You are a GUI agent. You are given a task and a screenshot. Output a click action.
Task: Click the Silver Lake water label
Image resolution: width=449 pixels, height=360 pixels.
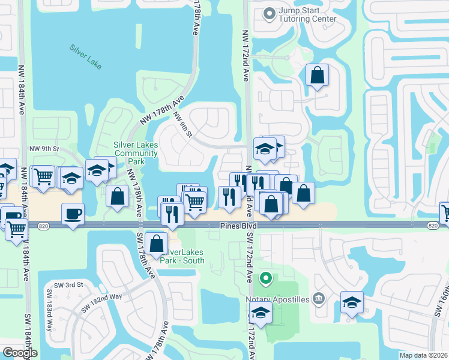85,56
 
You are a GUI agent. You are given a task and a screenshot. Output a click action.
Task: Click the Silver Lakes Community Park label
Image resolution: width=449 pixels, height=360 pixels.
136,153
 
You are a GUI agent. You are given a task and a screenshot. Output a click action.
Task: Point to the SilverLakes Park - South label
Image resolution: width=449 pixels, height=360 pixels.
183,256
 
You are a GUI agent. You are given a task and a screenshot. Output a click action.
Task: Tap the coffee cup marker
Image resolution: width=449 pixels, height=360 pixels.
73,214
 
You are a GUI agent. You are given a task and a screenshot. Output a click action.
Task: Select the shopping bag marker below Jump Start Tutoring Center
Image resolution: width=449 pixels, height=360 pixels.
317,76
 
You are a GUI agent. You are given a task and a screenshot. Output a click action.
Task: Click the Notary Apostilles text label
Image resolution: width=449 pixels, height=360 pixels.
277,298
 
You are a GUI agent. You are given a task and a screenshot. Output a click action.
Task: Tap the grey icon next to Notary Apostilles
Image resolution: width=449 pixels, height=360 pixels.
319,298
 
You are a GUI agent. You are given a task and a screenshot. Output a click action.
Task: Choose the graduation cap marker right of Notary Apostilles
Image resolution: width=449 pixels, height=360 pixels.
352,302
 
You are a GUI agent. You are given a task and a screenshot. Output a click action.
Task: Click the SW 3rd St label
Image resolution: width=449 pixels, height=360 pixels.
67,284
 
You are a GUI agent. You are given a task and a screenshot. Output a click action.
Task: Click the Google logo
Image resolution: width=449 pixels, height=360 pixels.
20,353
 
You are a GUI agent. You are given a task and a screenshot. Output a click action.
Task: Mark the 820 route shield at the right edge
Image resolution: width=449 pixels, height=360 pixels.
433,225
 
